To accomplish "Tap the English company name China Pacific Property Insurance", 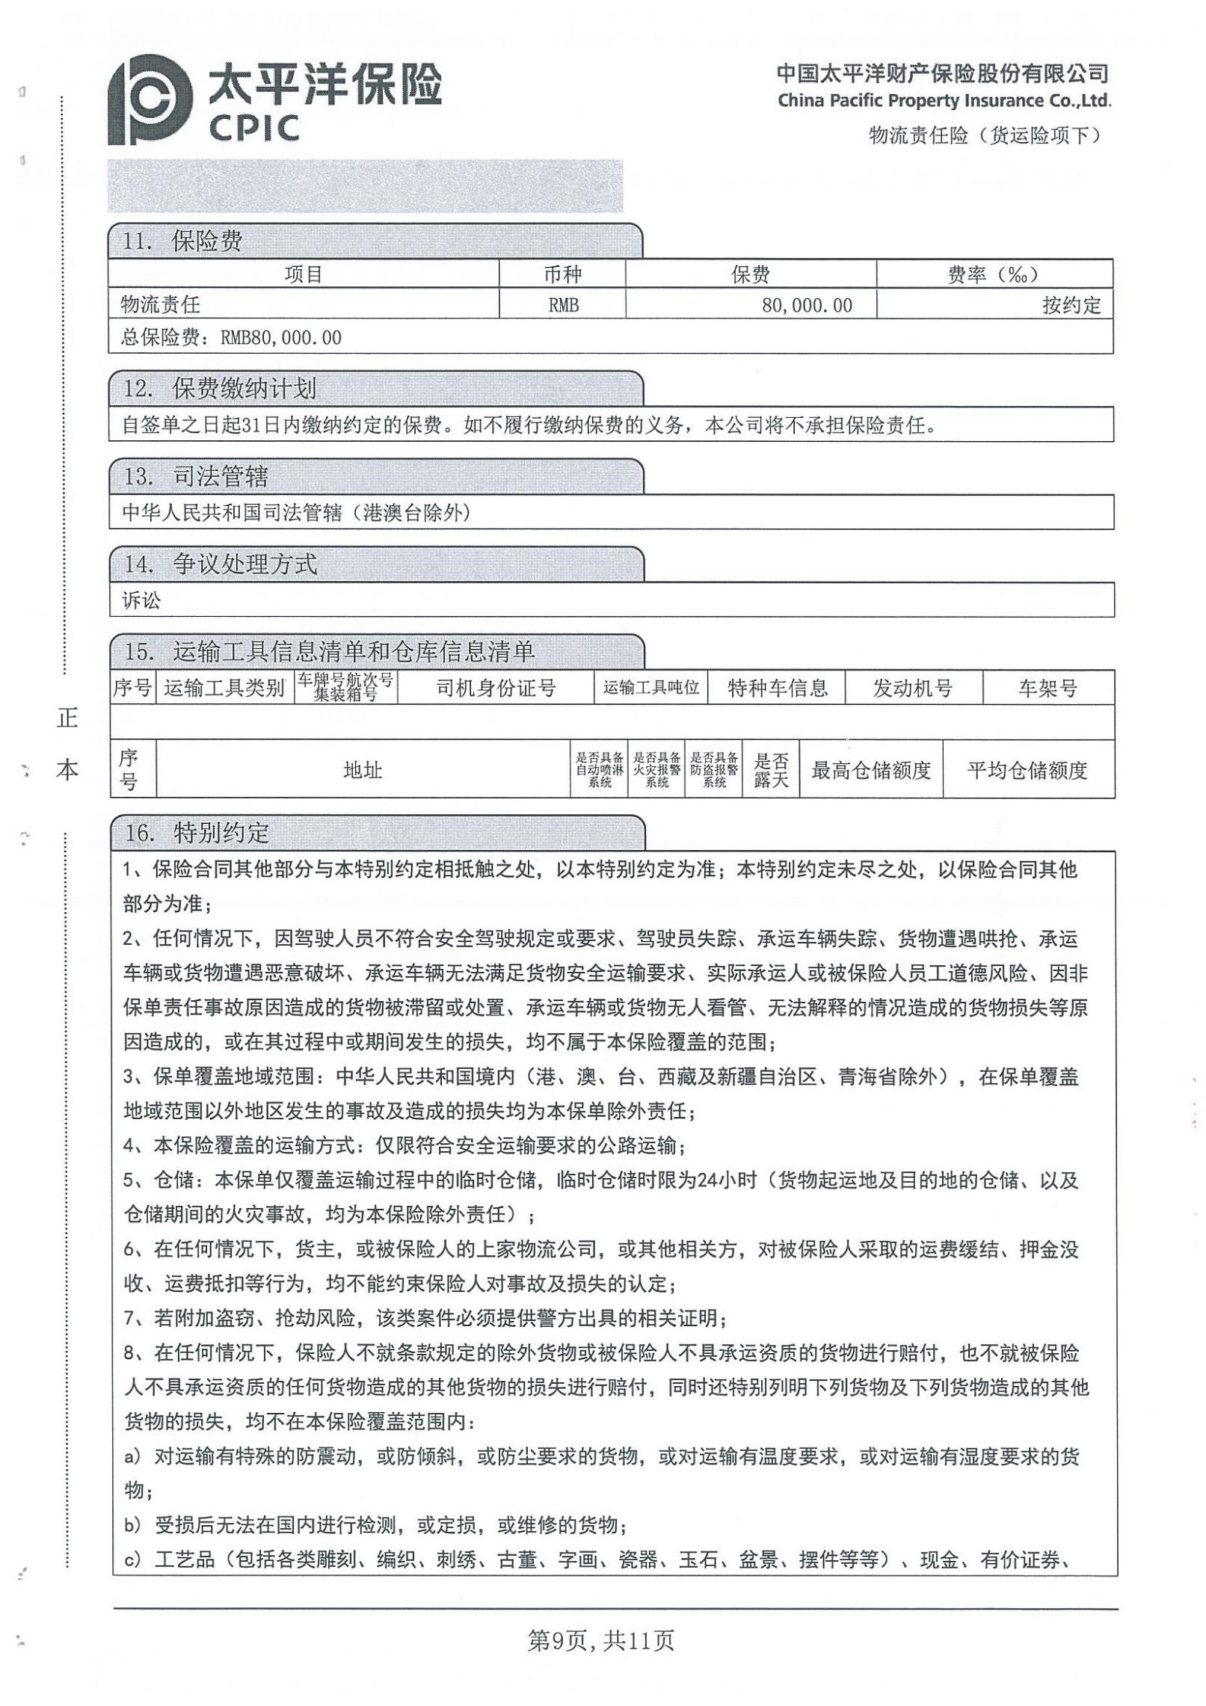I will [944, 100].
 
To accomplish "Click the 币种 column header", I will [562, 274].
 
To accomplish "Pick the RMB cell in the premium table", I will [562, 305].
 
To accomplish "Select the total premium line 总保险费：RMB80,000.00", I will [231, 338].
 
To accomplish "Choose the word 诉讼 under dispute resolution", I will [141, 600].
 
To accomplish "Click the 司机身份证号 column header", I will [496, 689].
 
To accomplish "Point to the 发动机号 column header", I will [912, 689].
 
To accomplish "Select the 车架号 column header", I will [1047, 689].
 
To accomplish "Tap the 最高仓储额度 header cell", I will [871, 771].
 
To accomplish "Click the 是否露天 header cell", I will [771, 771].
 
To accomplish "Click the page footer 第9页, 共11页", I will [601, 1640].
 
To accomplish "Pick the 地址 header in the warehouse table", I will [363, 771].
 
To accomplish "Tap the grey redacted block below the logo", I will [365, 186].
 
